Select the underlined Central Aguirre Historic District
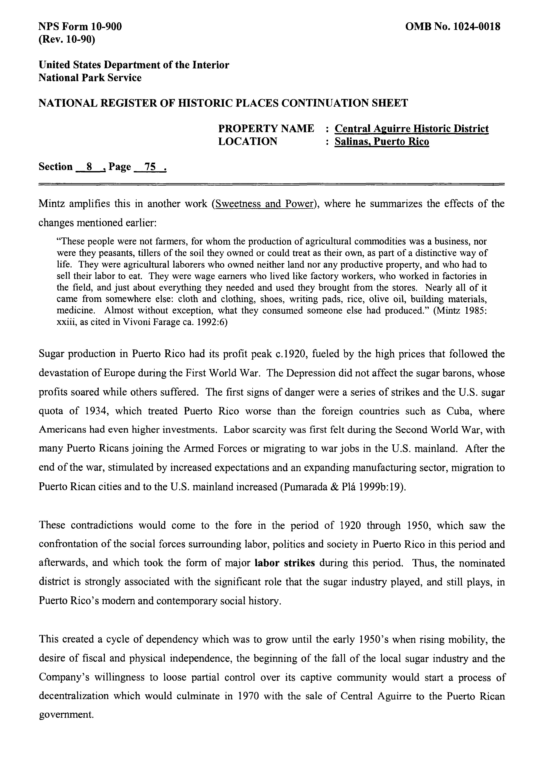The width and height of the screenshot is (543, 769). [x=412, y=129]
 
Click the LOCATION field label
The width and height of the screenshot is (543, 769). [x=248, y=141]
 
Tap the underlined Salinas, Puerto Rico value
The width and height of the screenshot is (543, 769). [x=382, y=142]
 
